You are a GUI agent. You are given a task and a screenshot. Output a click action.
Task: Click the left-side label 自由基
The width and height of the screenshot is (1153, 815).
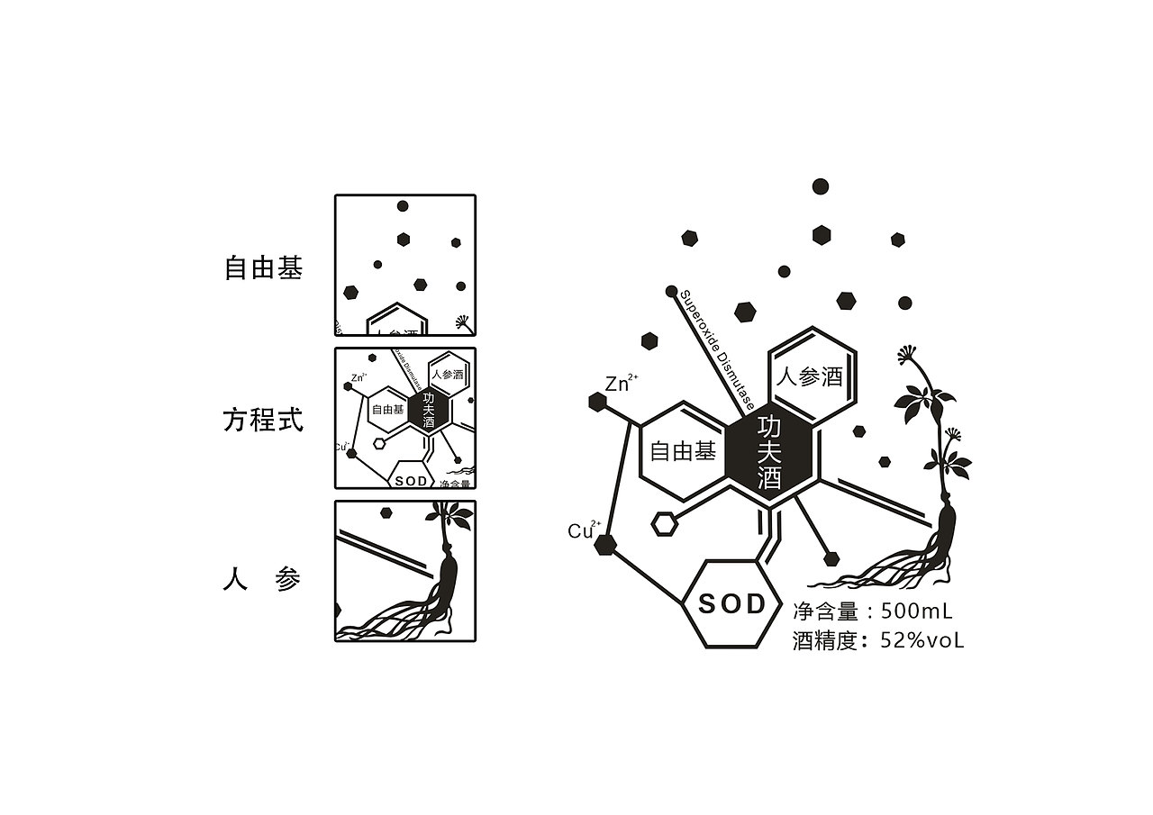coord(263,268)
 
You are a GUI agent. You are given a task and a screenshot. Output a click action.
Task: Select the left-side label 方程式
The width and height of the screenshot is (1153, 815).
coord(263,421)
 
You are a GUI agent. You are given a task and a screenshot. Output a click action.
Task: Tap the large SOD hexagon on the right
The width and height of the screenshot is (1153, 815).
coord(731,603)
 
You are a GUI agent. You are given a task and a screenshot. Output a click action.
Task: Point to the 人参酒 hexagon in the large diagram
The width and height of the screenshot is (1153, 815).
coord(810,376)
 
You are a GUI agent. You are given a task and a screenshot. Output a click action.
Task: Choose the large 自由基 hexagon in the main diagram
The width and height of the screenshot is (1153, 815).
coord(683,451)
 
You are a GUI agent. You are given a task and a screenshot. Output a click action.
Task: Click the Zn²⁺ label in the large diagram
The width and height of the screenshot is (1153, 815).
coord(620,384)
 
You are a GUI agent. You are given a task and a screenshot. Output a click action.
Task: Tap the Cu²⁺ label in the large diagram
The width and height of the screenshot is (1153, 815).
coord(583,530)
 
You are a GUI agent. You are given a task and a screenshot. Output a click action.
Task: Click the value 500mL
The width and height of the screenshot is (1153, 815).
coord(916,611)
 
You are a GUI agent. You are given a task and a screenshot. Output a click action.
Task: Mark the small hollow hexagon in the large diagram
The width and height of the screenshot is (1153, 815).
coord(664,524)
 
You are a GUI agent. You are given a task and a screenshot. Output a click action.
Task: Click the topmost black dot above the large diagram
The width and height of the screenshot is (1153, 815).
coord(820,186)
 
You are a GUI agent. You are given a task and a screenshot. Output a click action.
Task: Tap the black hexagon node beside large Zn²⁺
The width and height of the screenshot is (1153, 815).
coord(596,402)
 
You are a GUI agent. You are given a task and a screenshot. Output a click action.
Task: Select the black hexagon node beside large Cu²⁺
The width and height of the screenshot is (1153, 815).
coord(605,544)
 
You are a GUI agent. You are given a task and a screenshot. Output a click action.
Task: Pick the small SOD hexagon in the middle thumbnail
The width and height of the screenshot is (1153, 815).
coord(411,480)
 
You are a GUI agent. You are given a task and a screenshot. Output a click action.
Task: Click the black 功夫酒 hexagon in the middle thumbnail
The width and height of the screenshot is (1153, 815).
coord(428,410)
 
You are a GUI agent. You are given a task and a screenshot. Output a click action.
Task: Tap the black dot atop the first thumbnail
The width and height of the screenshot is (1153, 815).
coord(403,206)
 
